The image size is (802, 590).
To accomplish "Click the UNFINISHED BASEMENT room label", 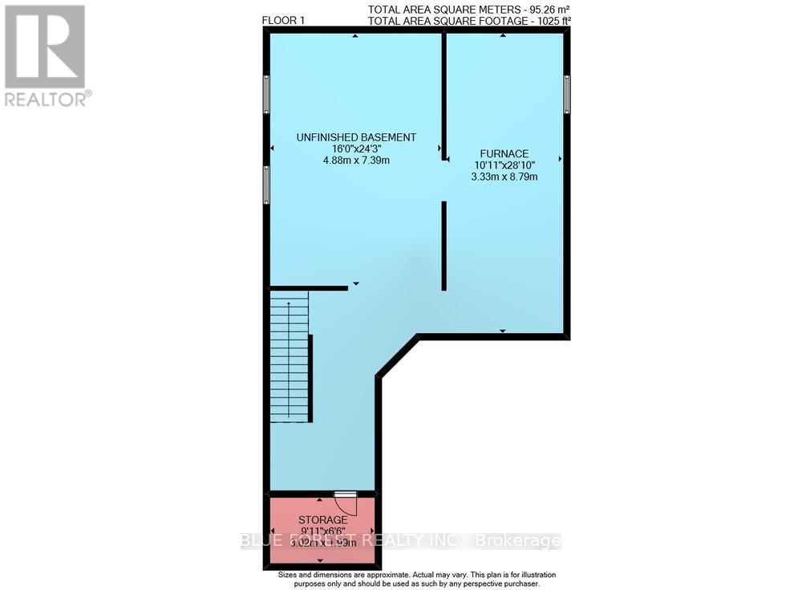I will pos(356,137).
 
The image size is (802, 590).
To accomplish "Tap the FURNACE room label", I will pos(504,153).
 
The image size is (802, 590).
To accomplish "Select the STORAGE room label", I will pos(322,520).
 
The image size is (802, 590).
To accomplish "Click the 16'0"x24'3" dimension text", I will pos(356,149).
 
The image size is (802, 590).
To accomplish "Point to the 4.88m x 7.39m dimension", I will pos(356,160).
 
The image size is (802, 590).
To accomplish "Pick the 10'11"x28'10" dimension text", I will pos(504,165).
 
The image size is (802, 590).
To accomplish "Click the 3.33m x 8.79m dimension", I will pos(504,176).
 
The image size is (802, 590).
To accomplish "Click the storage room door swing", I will pos(345,503).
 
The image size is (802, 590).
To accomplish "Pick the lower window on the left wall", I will pos(266,184).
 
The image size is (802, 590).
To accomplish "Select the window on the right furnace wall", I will pos(566,93).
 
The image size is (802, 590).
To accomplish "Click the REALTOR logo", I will pos(45,55).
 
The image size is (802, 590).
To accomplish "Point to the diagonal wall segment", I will pos(398,356).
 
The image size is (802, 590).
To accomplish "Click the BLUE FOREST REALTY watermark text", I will pos(401,541).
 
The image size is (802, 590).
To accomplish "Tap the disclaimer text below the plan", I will pos(416,580).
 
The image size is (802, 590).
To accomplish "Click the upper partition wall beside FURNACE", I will pos(444,96).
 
